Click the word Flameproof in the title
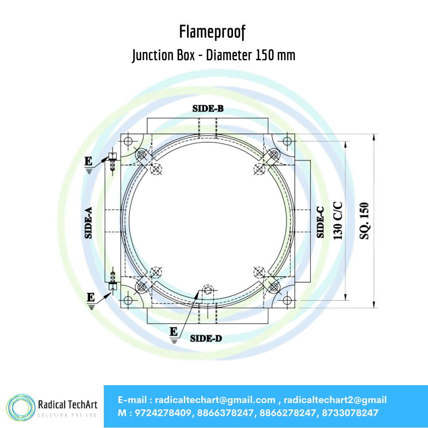click(212, 32)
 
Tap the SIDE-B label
click(208, 109)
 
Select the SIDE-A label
click(88, 223)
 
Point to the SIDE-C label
click(320, 222)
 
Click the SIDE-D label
click(206, 338)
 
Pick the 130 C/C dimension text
click(338, 221)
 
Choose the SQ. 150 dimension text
click(364, 221)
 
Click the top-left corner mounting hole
click(128, 141)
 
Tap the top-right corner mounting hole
click(287, 141)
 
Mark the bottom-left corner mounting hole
click(128, 300)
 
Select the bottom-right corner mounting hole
click(287, 300)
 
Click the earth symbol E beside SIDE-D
click(174, 335)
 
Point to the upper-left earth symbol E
click(88, 165)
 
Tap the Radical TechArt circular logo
click(21, 407)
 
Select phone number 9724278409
click(163, 413)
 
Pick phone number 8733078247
click(350, 413)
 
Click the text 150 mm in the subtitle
click(275, 55)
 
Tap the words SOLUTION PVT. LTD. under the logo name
click(68, 415)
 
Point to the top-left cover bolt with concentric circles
click(141, 155)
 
